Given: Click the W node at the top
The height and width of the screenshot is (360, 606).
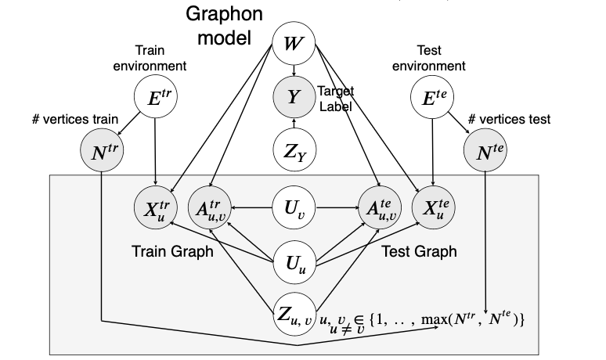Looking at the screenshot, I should click(x=293, y=42).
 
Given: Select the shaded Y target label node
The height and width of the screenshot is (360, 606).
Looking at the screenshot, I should click(x=293, y=98).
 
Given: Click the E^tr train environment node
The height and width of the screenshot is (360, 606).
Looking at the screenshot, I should click(x=157, y=98).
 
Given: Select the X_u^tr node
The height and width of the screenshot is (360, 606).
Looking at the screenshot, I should click(x=156, y=208).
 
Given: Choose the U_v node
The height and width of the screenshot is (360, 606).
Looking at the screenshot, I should click(x=293, y=208).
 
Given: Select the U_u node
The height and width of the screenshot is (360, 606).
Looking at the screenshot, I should click(x=293, y=259).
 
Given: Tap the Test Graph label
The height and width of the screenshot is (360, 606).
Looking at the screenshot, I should click(x=420, y=252).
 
